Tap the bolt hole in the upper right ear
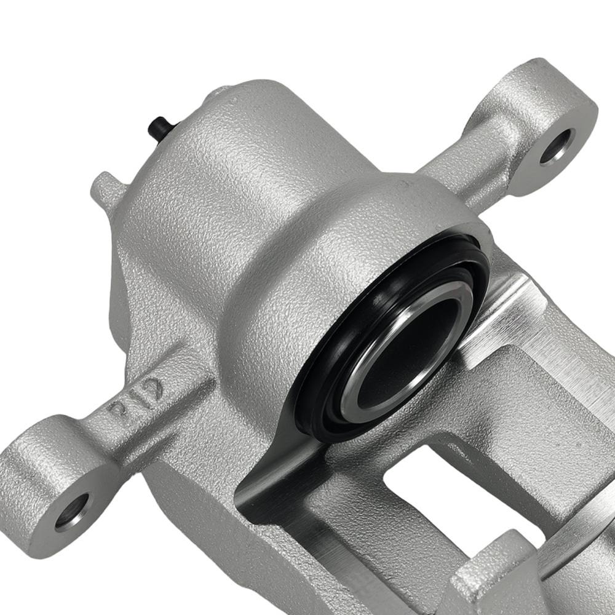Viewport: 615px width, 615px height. [557, 147]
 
